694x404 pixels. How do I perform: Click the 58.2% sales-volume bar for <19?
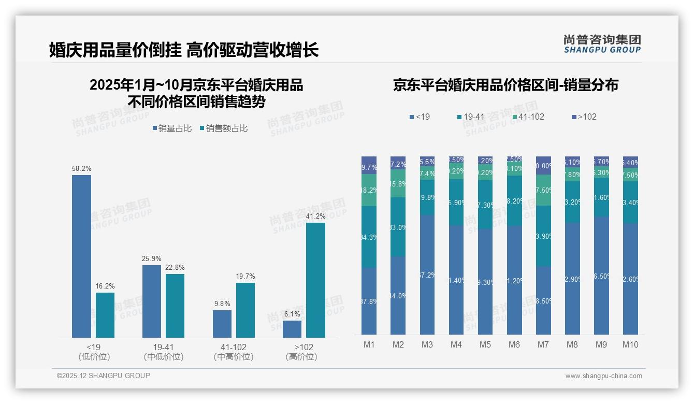pyautogui.click(x=81, y=256)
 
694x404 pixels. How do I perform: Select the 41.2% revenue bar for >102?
pyautogui.click(x=315, y=280)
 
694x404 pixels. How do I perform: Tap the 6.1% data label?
pyautogui.click(x=292, y=314)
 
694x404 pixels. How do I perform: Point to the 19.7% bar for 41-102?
pyautogui.click(x=245, y=310)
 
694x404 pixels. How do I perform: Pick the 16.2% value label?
pyautogui.click(x=105, y=286)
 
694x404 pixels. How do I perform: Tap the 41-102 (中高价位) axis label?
pyautogui.click(x=233, y=352)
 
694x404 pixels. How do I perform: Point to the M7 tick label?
pyautogui.click(x=543, y=344)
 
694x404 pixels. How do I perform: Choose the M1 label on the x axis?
pyautogui.click(x=369, y=344)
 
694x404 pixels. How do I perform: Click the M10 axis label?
pyautogui.click(x=630, y=344)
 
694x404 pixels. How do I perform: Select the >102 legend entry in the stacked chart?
pyautogui.click(x=584, y=117)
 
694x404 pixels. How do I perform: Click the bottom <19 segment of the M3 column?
pyautogui.click(x=427, y=275)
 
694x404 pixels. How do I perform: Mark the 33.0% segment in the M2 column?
pyautogui.click(x=398, y=227)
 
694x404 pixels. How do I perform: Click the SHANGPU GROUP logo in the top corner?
pyautogui.click(x=602, y=44)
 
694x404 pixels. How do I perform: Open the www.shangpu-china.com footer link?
pyautogui.click(x=603, y=376)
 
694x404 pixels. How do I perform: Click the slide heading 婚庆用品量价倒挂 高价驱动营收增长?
pyautogui.click(x=184, y=50)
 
